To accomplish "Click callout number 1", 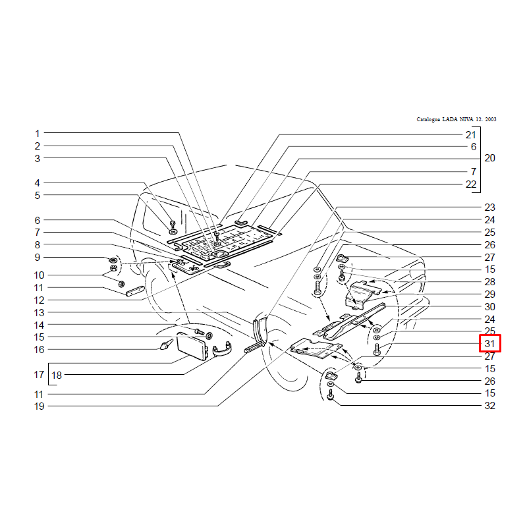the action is tap(38, 134).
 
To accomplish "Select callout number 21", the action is tap(470, 135).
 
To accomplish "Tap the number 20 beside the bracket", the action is tap(489, 158).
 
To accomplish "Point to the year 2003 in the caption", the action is tap(491, 119).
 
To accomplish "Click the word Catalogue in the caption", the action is tap(428, 119).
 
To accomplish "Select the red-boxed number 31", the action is tap(489, 343).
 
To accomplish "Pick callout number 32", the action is tap(489, 406).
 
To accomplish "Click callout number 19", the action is tap(39, 406).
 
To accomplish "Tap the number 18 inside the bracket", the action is tap(57, 375).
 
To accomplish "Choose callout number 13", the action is tap(39, 312).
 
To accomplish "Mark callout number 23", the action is tap(489, 207).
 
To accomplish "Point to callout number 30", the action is tap(489, 306).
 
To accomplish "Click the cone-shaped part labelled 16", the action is tap(167, 345).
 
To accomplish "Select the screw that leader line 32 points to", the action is tap(331, 395).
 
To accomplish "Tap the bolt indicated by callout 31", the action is tap(376, 350).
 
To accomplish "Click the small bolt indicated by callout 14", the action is tap(200, 332).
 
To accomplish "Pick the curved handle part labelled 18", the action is tap(222, 350).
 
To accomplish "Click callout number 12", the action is tap(39, 300).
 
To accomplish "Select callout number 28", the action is tap(489, 282).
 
